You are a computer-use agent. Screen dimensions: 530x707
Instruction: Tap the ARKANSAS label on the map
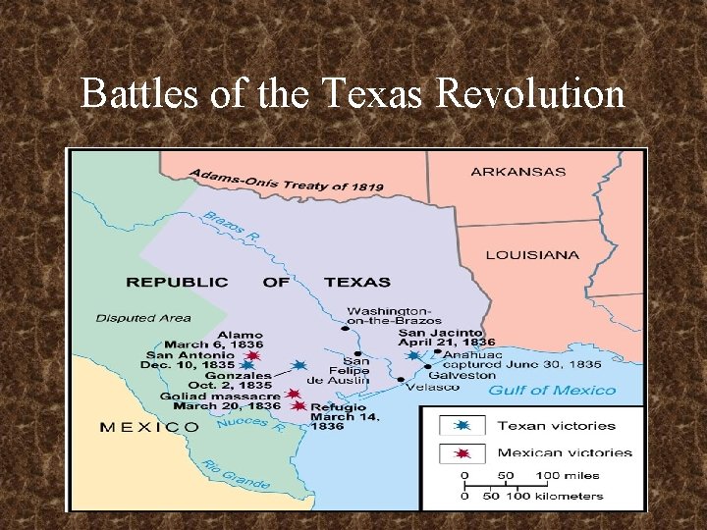point(518,172)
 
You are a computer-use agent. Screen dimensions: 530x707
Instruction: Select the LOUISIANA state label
point(532,255)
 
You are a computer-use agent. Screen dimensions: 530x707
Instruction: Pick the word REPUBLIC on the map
point(176,282)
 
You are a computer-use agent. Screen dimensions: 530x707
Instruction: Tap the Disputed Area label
point(143,318)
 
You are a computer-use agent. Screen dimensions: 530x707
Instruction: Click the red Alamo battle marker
point(253,355)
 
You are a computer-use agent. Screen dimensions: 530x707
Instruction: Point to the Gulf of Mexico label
point(552,391)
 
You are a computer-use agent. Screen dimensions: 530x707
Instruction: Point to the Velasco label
point(432,387)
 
